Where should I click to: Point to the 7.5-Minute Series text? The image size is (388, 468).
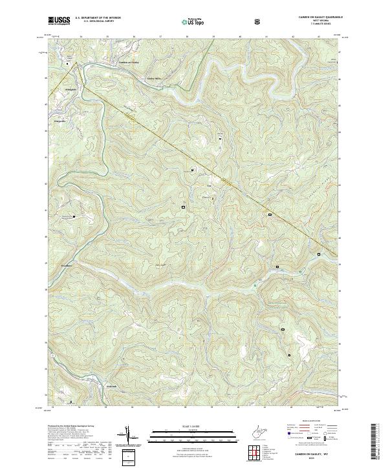tap(317, 24)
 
